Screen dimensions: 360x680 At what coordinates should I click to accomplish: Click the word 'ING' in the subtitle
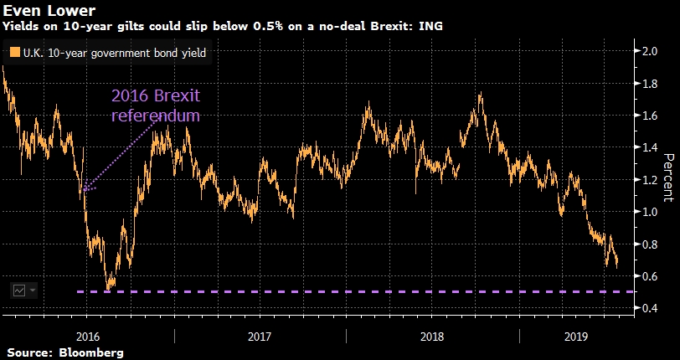432,27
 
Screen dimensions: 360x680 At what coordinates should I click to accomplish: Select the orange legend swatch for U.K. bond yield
15,53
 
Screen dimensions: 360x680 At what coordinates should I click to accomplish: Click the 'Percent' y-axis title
669,177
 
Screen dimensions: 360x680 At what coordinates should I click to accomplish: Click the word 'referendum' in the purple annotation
156,116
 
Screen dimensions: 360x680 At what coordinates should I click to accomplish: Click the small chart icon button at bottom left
19,290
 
